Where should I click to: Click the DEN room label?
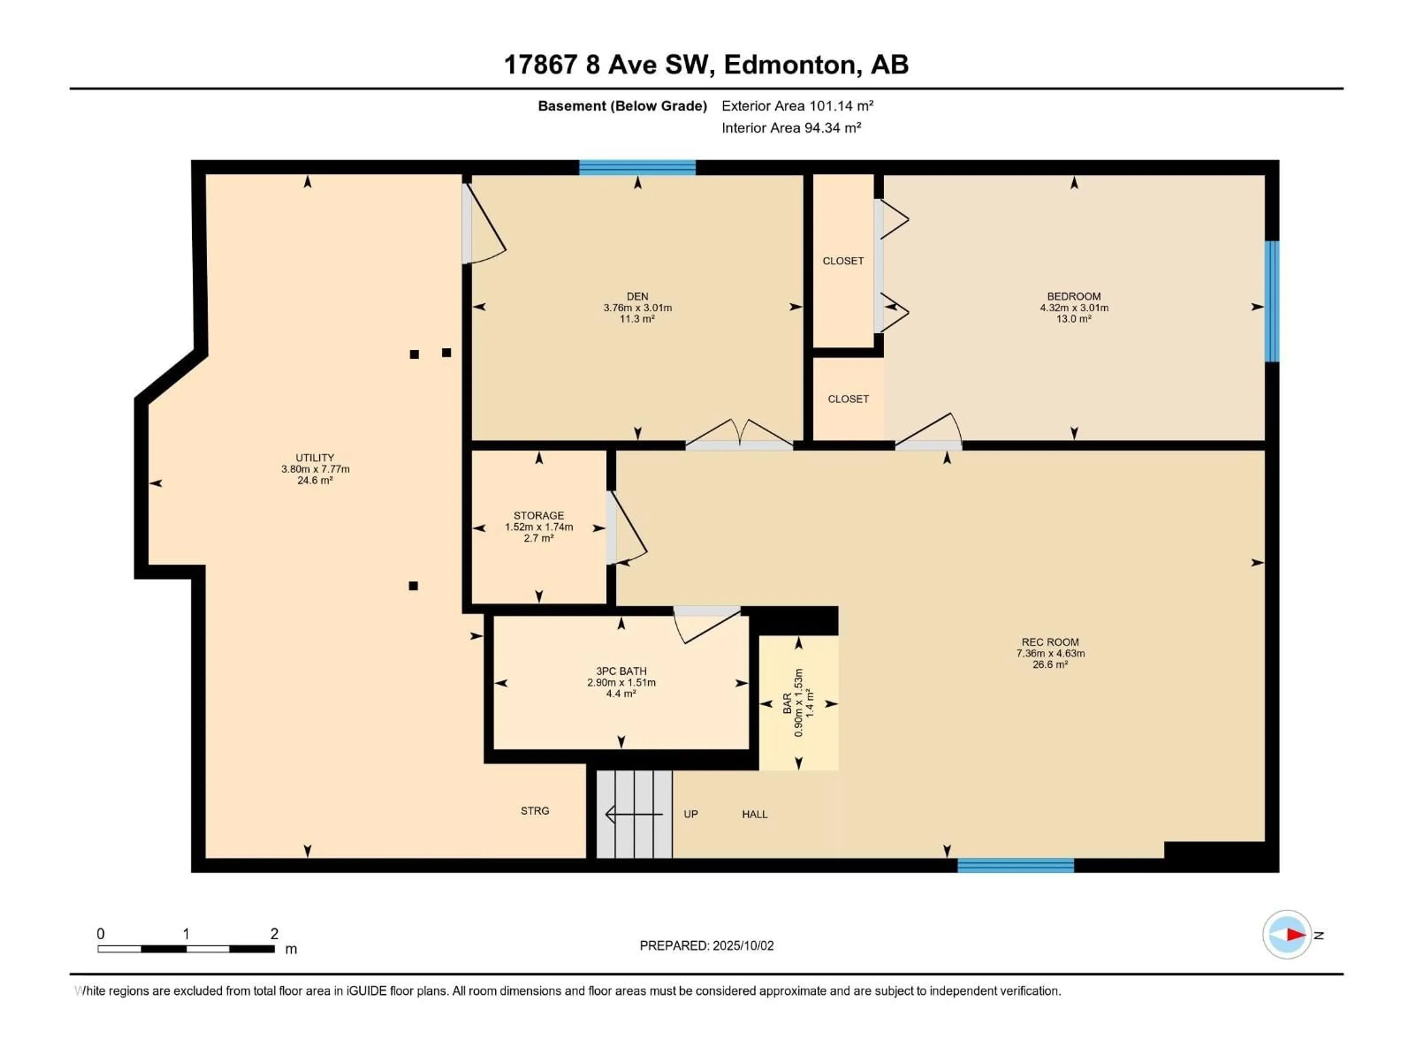637,296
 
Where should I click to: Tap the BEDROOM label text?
1074,296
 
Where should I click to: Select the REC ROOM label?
1050,642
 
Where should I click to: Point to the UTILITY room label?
314,457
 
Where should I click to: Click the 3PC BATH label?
621,671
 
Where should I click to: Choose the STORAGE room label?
539,515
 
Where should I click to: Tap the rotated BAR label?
788,703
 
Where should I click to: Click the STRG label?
535,811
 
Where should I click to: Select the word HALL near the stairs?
755,814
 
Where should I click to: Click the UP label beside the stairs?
691,814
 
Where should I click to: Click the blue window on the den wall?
637,167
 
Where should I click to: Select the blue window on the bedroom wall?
1273,301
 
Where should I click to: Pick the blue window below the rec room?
1016,866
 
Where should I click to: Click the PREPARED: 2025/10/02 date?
707,946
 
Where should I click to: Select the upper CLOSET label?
843,261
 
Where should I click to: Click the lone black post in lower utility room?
414,586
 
